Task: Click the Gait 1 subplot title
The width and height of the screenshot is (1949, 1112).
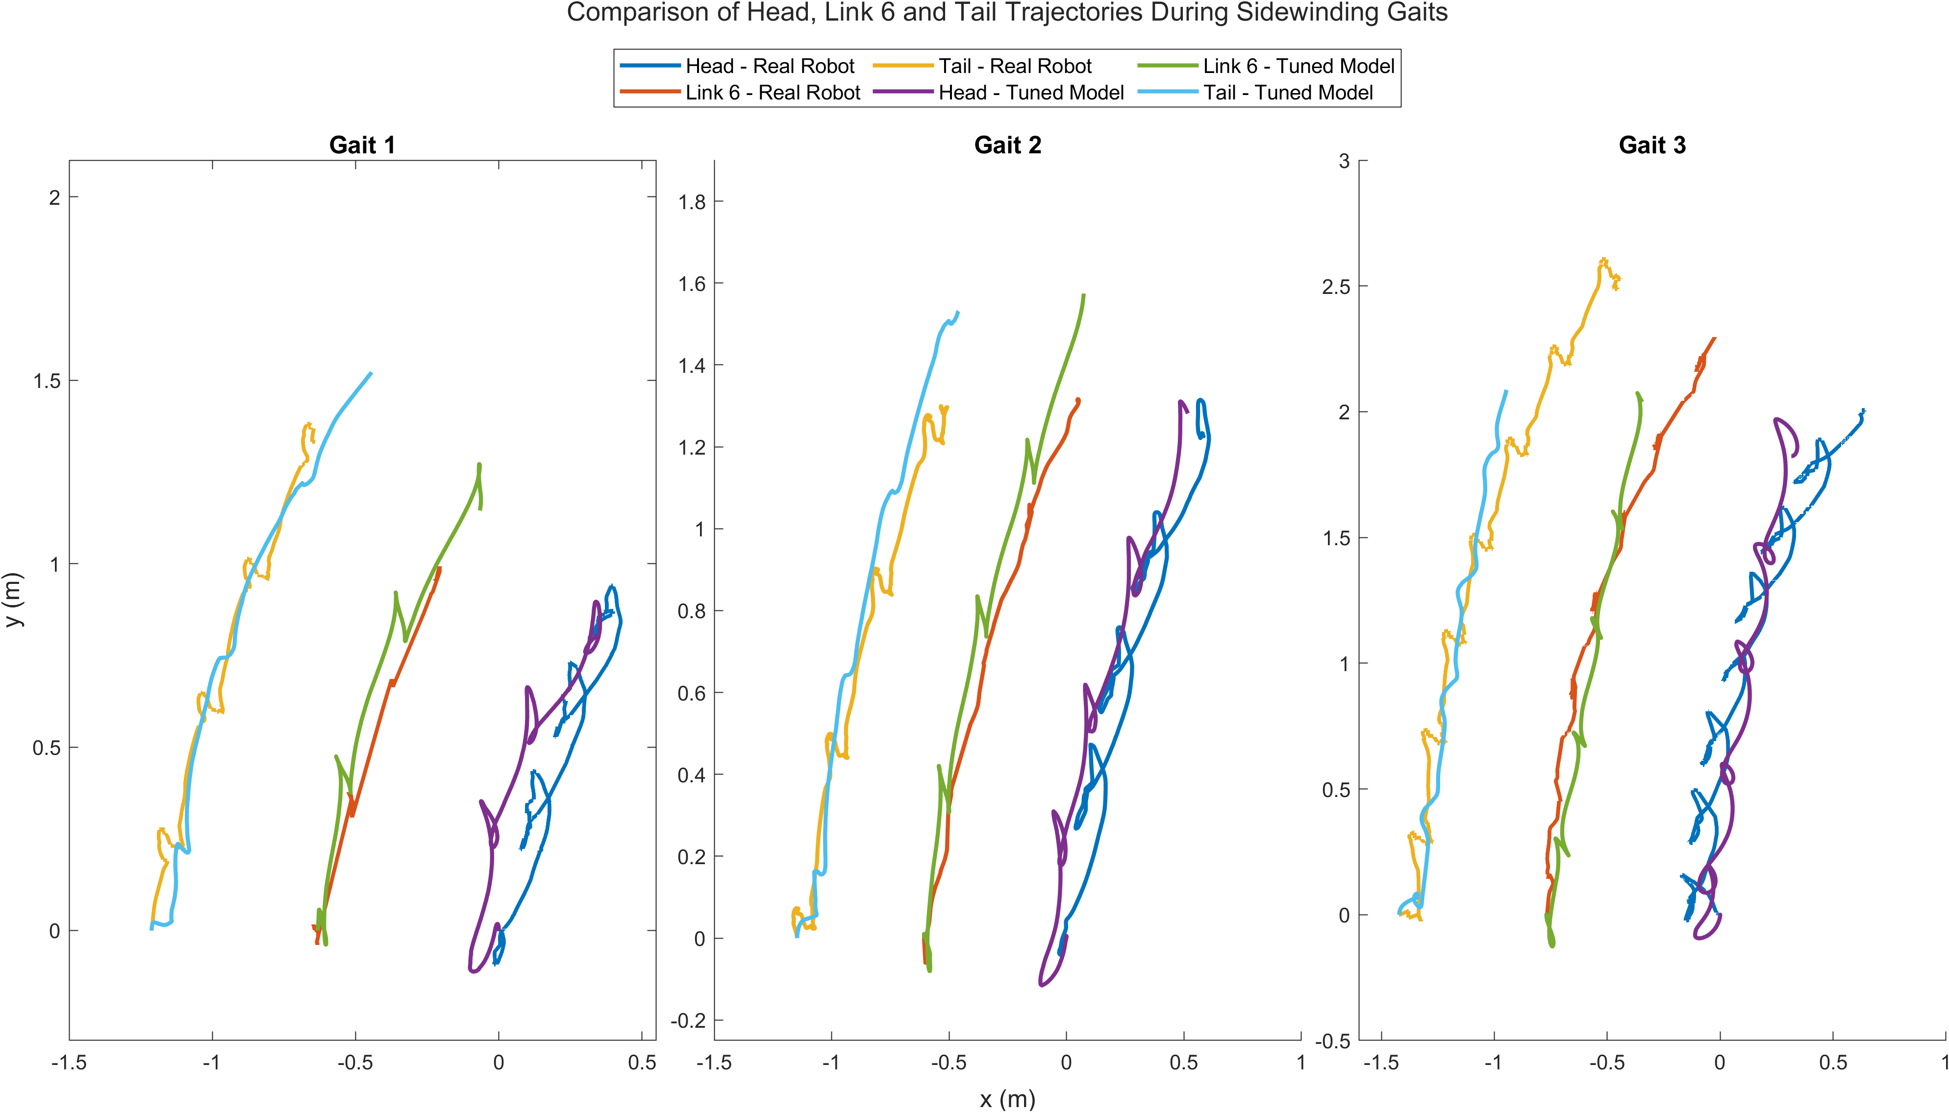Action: [x=362, y=145]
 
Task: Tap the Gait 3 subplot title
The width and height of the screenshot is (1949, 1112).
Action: [x=1652, y=145]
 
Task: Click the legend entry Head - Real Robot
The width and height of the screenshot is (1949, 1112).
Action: [x=770, y=67]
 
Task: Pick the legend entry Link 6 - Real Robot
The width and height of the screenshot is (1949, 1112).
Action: [x=773, y=93]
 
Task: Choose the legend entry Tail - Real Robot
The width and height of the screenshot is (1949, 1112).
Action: [x=1015, y=67]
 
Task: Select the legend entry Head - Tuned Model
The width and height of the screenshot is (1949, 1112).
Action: [x=1031, y=93]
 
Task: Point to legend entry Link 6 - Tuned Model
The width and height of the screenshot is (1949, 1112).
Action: [x=1298, y=67]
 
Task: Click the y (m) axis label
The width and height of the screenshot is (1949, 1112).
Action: [x=14, y=600]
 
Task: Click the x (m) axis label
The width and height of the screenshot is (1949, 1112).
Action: [x=1007, y=1099]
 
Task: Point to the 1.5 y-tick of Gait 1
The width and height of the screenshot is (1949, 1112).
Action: [x=48, y=381]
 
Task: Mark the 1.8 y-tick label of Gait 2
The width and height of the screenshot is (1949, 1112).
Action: [x=692, y=202]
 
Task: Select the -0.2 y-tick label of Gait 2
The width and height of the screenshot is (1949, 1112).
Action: [x=688, y=1021]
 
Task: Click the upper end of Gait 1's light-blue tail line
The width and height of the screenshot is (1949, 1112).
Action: [x=371, y=373]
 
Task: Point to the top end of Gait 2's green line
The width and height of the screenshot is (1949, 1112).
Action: [x=1083, y=295]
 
